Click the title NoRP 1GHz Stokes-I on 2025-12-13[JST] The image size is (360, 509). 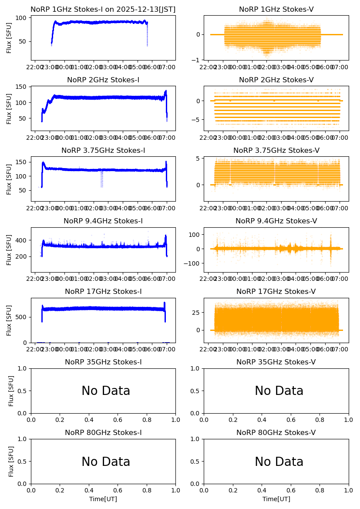click(103, 10)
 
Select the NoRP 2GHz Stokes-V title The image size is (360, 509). click(276, 80)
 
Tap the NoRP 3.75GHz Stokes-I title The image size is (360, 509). click(103, 151)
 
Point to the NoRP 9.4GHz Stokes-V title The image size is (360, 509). click(276, 221)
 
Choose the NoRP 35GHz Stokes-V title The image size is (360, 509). click(276, 362)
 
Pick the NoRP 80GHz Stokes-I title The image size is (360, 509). click(103, 433)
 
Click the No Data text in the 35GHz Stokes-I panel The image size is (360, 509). click(106, 391)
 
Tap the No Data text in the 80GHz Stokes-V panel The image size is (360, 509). click(279, 462)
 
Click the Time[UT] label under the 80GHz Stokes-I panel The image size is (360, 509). click(103, 499)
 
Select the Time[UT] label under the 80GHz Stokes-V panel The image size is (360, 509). click(276, 499)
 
